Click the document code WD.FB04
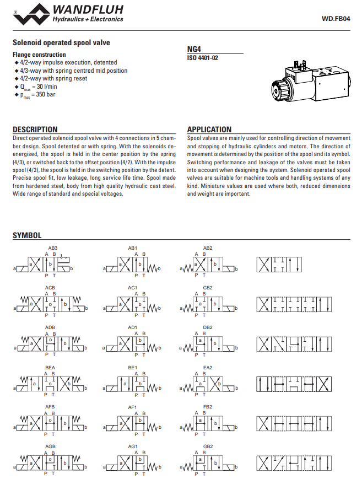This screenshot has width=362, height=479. coord(336,18)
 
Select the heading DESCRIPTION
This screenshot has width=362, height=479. coord(35,130)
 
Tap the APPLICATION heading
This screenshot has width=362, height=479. coord(209,130)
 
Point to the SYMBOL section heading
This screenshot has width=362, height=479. coord(27,235)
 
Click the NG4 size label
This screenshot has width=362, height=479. coord(194,49)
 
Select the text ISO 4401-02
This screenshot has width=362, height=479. coord(203,57)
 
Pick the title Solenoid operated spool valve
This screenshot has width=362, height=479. coord(62,42)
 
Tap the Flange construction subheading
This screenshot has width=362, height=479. coord(39,55)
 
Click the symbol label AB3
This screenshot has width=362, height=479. coord(53,248)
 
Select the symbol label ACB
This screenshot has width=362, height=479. coord(50,288)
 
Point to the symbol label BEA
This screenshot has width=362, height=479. coord(50,367)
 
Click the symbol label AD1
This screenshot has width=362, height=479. coord(132,327)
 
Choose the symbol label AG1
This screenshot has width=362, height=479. coord(132,446)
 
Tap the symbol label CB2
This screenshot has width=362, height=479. coord(208,288)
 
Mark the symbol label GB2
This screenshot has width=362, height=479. coord(208,446)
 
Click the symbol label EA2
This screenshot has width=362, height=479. coord(208,367)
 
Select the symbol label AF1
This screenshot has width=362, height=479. coord(132,407)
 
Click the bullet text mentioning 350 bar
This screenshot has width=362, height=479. coord(38,95)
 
